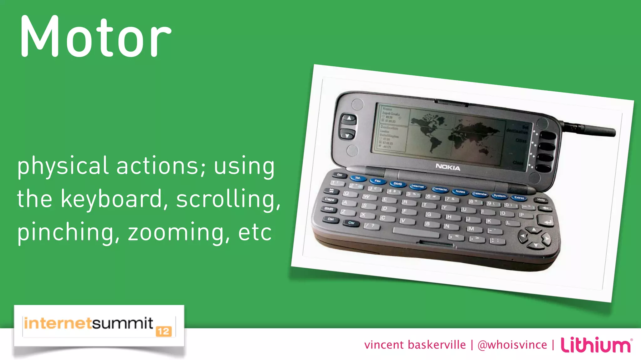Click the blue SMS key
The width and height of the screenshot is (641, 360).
(x=397, y=184)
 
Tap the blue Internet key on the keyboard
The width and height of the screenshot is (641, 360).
(x=418, y=186)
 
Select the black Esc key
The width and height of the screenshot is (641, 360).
(x=340, y=175)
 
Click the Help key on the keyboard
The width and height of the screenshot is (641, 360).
(x=541, y=200)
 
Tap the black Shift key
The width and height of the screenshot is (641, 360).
(x=329, y=209)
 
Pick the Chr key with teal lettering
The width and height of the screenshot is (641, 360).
(x=351, y=223)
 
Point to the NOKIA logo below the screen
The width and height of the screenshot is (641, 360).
(x=448, y=167)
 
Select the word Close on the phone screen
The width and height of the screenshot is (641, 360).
(x=518, y=163)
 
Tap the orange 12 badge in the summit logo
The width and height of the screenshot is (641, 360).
(x=164, y=331)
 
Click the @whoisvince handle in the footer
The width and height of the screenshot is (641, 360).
(x=512, y=345)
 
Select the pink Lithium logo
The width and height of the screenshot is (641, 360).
(x=596, y=345)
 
